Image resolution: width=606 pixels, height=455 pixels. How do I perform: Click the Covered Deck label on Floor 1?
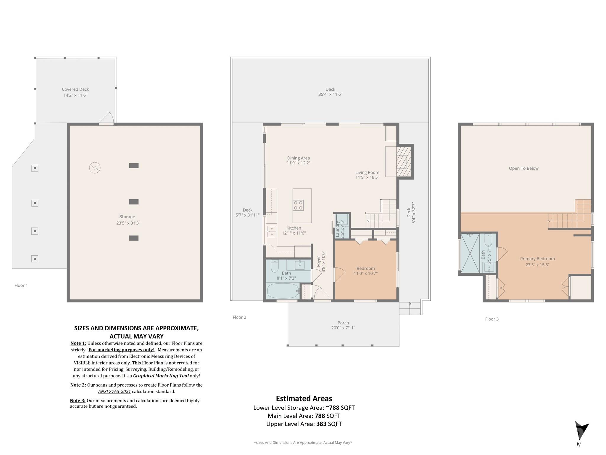75,89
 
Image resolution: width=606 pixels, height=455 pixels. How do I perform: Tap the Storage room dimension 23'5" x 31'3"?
128,223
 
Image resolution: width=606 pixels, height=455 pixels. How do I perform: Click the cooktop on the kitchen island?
298,205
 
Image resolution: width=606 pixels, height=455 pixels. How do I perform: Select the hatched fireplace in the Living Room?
404,161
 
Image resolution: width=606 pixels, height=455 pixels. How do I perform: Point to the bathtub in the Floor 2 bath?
283,291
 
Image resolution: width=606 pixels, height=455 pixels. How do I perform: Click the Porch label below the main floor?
343,323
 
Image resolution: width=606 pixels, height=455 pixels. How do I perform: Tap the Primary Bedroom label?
537,259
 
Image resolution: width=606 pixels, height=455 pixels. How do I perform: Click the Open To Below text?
523,168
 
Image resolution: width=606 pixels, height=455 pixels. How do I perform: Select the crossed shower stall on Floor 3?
470,253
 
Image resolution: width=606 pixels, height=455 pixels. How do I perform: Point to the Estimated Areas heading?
304,398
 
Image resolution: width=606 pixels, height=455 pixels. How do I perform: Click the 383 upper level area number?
321,424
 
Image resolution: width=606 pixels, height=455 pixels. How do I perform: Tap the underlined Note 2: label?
78,385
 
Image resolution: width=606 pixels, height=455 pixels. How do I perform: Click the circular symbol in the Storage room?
95,168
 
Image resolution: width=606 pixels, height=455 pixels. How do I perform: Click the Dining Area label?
298,158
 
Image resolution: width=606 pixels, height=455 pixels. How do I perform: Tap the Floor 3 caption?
492,319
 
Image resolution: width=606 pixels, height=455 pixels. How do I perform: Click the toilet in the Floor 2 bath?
275,266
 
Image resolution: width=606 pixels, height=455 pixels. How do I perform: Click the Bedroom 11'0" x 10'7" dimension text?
366,273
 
